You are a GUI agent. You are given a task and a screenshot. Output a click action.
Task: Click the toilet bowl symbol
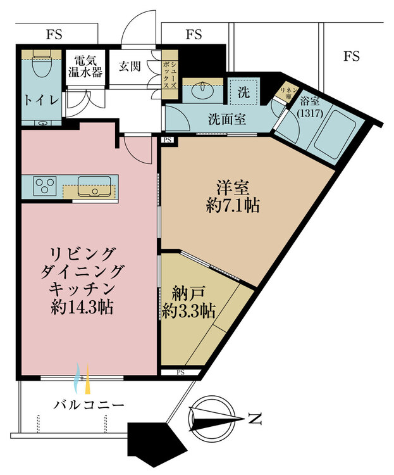pos(41,65)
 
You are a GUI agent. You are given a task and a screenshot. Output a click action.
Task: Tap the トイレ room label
pos(41,100)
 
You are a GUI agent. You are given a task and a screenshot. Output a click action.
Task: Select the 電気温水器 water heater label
pos(85,67)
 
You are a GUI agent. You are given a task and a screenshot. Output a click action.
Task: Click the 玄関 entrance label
pos(130,66)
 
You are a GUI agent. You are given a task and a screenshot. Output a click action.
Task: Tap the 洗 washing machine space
pos(244,92)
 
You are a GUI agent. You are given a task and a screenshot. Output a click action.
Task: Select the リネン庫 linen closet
pos(285,91)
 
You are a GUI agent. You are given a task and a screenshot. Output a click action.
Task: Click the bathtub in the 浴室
pos(336,134)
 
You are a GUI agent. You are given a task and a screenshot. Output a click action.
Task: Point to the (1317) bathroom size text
pos(310,113)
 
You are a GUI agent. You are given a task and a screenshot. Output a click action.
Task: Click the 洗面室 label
pos(227,119)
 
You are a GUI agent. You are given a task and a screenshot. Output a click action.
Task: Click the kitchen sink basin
pos(94,187)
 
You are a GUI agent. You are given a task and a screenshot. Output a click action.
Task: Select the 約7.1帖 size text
pos(233,206)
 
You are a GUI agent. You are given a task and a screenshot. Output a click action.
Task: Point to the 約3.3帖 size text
pos(189,311)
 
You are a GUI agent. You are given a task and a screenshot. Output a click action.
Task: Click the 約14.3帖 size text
pos(82,307)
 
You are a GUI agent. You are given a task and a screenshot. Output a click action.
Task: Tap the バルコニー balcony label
pos(89,405)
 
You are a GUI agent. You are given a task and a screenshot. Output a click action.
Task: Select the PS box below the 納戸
pos(181,372)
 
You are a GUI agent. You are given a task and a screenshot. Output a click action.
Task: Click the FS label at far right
pos(352,56)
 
